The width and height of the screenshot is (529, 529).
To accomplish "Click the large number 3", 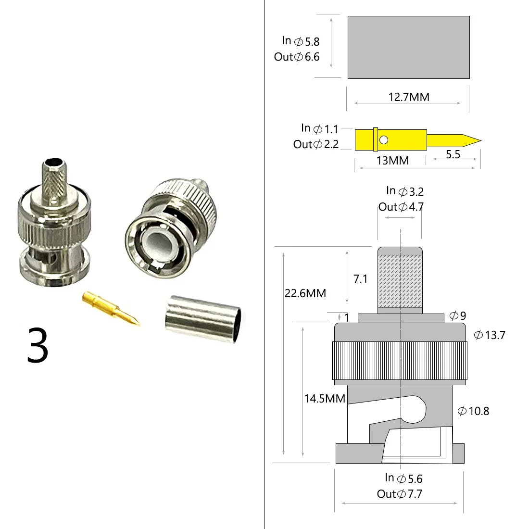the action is [x=38, y=345].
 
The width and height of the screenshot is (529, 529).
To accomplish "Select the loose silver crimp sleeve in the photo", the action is [x=203, y=319].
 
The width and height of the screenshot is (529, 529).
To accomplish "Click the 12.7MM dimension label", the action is [x=409, y=97].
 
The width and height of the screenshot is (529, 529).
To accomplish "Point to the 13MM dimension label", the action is [x=392, y=161].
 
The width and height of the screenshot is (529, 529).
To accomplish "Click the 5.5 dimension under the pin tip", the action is [x=453, y=154].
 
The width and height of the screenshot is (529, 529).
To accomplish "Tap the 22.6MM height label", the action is [x=305, y=293].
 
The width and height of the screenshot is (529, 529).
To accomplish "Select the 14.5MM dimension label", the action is [x=325, y=399].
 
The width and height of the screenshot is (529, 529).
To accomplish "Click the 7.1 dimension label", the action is [x=360, y=279].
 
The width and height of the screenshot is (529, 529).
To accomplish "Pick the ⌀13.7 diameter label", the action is [x=490, y=335].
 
